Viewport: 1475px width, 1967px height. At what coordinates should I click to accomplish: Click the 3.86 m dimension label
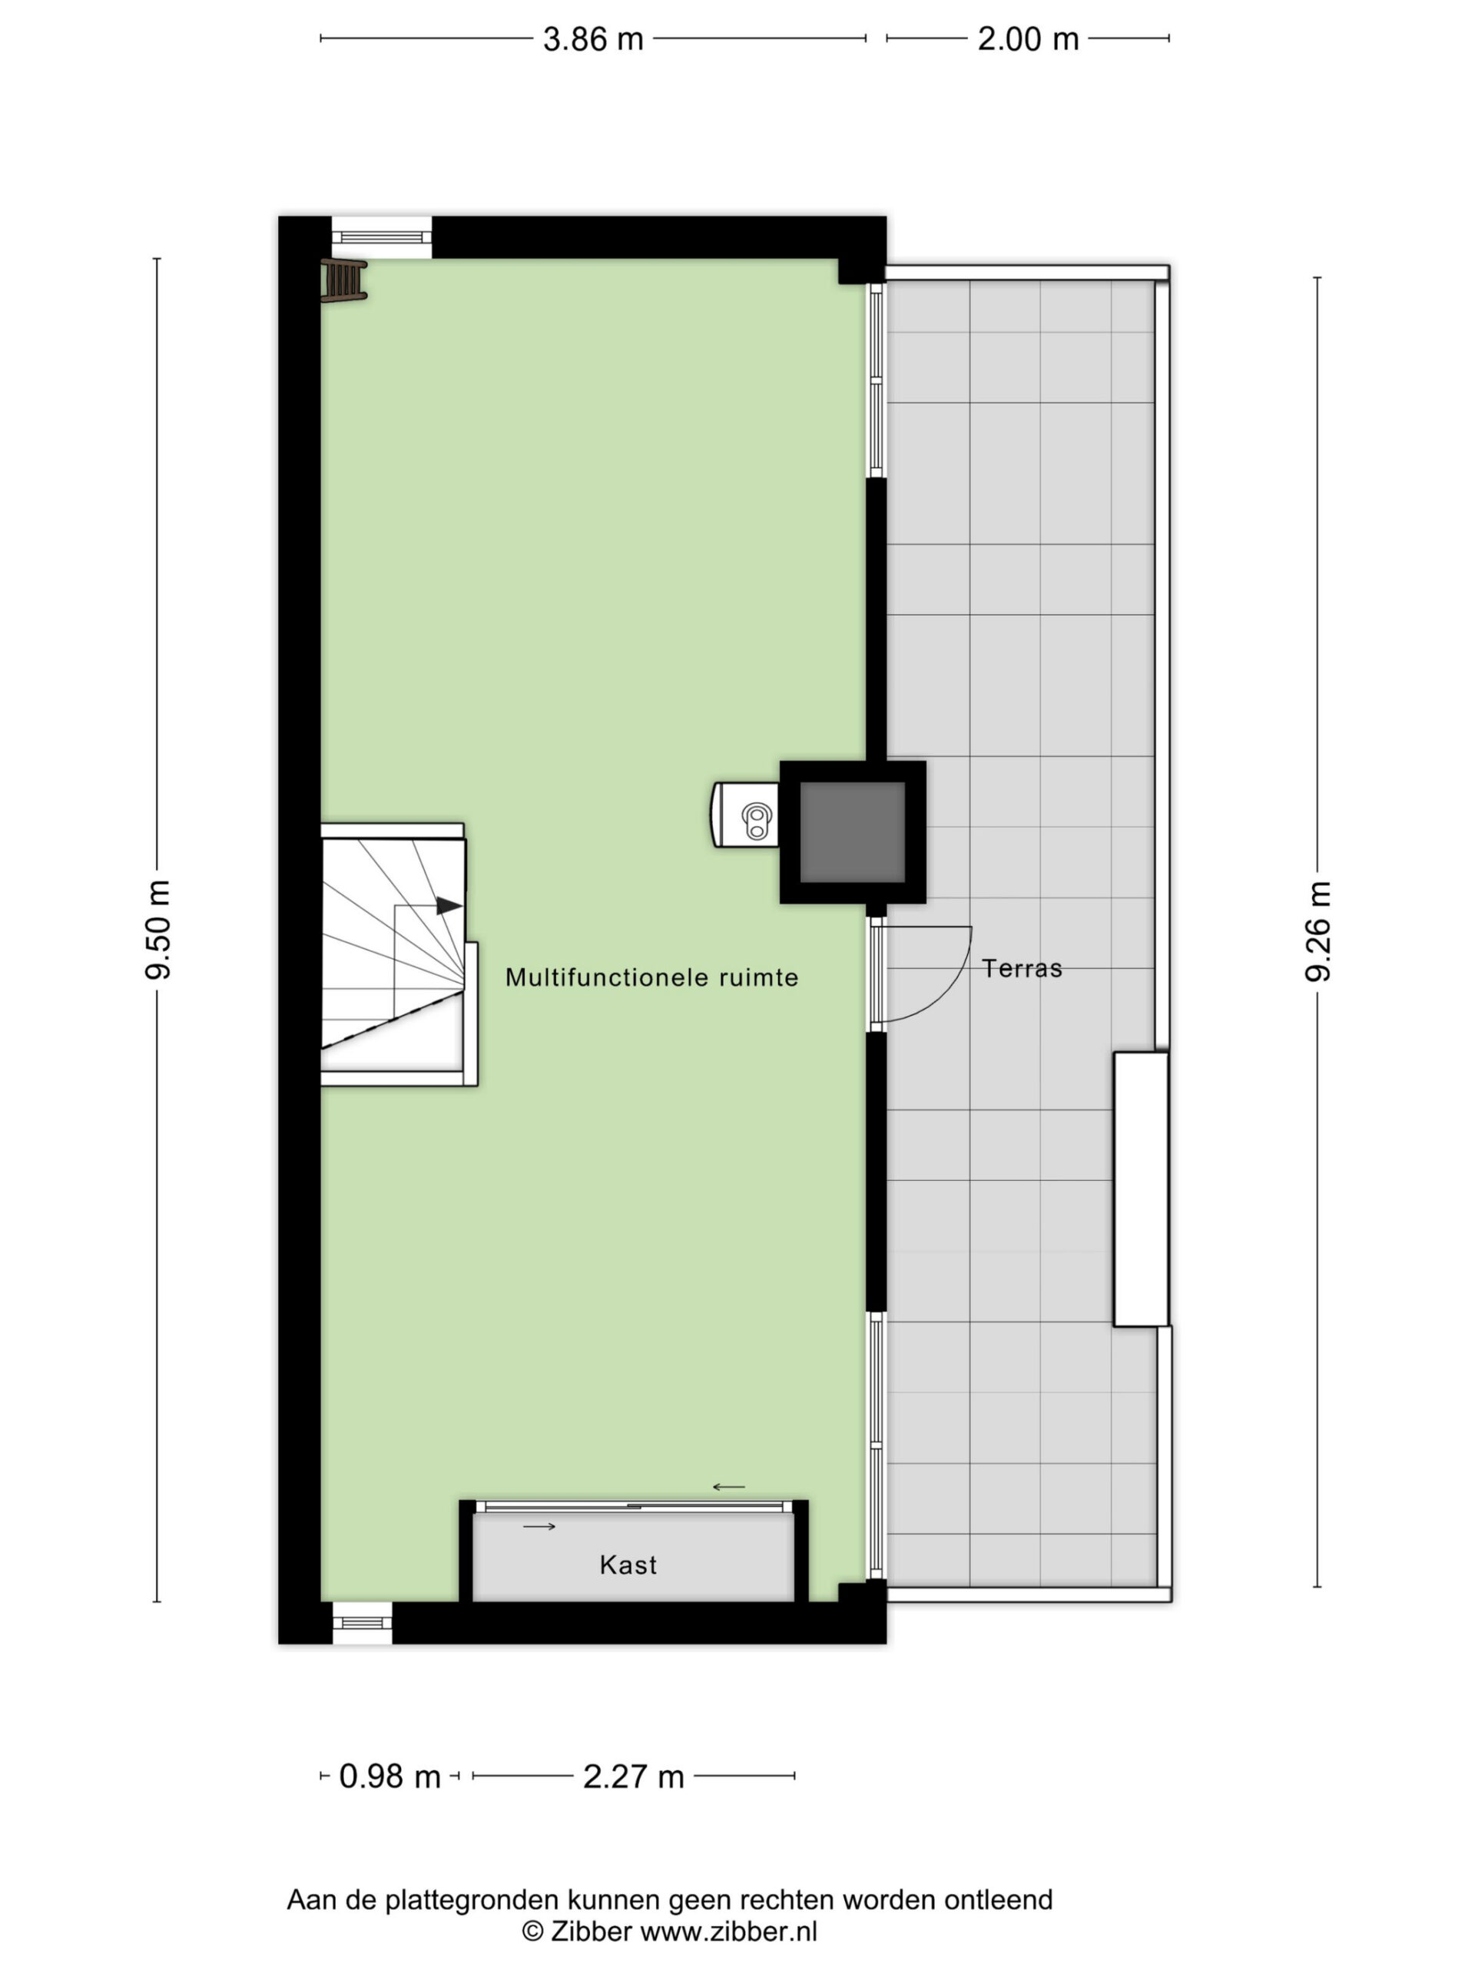[593, 39]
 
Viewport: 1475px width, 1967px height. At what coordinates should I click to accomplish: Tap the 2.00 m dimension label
[1028, 39]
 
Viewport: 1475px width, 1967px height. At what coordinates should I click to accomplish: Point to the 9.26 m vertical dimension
[1318, 931]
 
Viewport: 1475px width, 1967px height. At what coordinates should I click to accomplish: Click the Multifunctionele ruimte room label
[651, 977]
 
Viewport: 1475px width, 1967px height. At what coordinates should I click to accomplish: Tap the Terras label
[1022, 968]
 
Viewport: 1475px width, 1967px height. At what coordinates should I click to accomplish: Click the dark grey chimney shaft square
[853, 832]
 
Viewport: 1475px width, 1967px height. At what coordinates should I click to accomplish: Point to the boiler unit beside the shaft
[745, 815]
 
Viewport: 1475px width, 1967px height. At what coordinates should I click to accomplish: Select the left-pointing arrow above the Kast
[729, 1487]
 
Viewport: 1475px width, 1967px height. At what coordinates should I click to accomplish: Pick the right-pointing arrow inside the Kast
[539, 1527]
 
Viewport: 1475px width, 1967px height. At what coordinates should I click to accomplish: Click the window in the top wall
[383, 237]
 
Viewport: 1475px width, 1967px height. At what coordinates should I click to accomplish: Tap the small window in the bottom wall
[362, 1623]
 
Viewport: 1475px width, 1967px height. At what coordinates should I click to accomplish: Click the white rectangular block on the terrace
[1141, 1189]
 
